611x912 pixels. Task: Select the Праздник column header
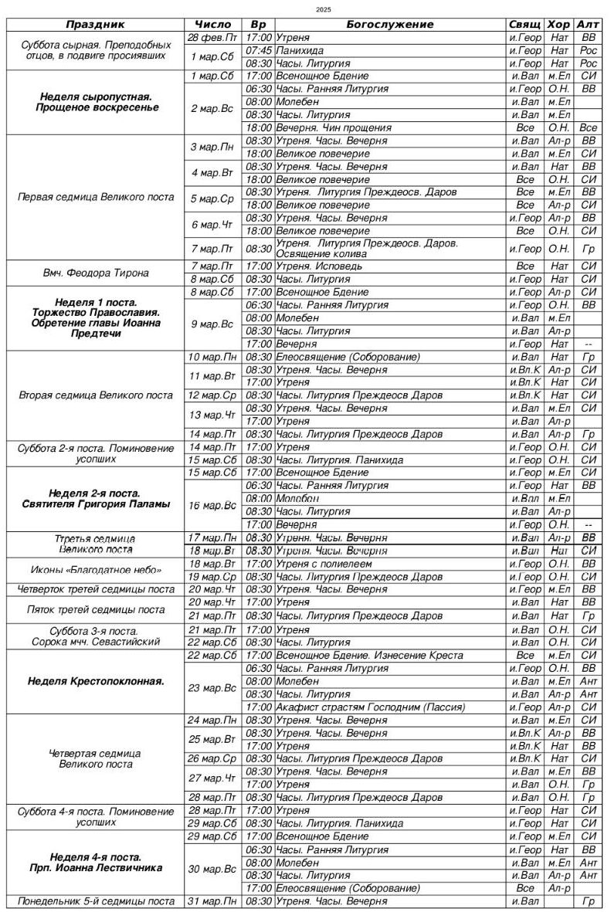point(96,25)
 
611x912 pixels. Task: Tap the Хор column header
point(558,25)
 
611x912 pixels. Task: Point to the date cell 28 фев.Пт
point(212,37)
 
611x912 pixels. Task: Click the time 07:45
point(259,50)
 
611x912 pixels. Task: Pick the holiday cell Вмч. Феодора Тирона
point(96,273)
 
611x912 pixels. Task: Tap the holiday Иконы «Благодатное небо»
point(96,570)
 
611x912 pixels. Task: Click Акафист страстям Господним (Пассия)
point(370,707)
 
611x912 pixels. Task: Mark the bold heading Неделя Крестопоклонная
point(96,681)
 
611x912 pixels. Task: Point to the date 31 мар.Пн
point(212,901)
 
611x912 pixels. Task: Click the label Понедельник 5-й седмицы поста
point(96,901)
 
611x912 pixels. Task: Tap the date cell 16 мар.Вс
point(212,505)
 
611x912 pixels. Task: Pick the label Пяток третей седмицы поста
point(96,609)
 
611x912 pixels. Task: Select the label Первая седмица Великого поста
point(96,197)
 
